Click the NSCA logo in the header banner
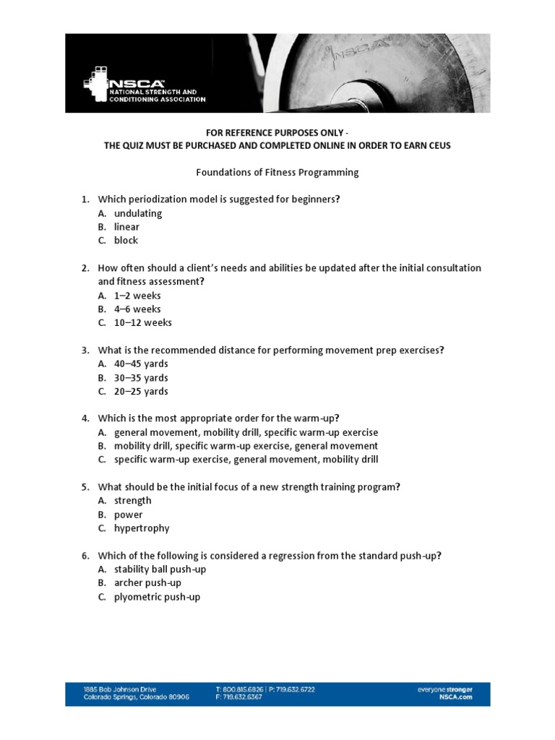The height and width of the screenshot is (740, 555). point(145,87)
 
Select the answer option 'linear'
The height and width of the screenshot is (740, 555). point(126,227)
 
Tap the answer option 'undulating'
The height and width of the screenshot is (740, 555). point(137,213)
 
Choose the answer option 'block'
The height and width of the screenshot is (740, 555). point(126,241)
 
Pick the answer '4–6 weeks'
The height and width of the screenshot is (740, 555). point(137,309)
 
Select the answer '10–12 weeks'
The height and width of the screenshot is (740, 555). point(142,323)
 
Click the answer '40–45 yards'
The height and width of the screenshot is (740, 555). point(141,364)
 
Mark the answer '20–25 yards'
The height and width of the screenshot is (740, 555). point(141,392)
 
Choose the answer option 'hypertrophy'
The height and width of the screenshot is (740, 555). point(142,528)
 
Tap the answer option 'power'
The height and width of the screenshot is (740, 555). point(129,515)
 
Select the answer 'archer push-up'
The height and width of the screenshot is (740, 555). point(147,583)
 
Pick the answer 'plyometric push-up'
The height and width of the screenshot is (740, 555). point(157,597)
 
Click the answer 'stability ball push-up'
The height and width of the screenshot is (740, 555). point(160,569)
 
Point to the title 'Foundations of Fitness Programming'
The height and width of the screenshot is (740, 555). point(277,173)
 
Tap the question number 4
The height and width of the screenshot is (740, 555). point(85,418)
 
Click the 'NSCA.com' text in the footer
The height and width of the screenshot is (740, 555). point(455,697)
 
